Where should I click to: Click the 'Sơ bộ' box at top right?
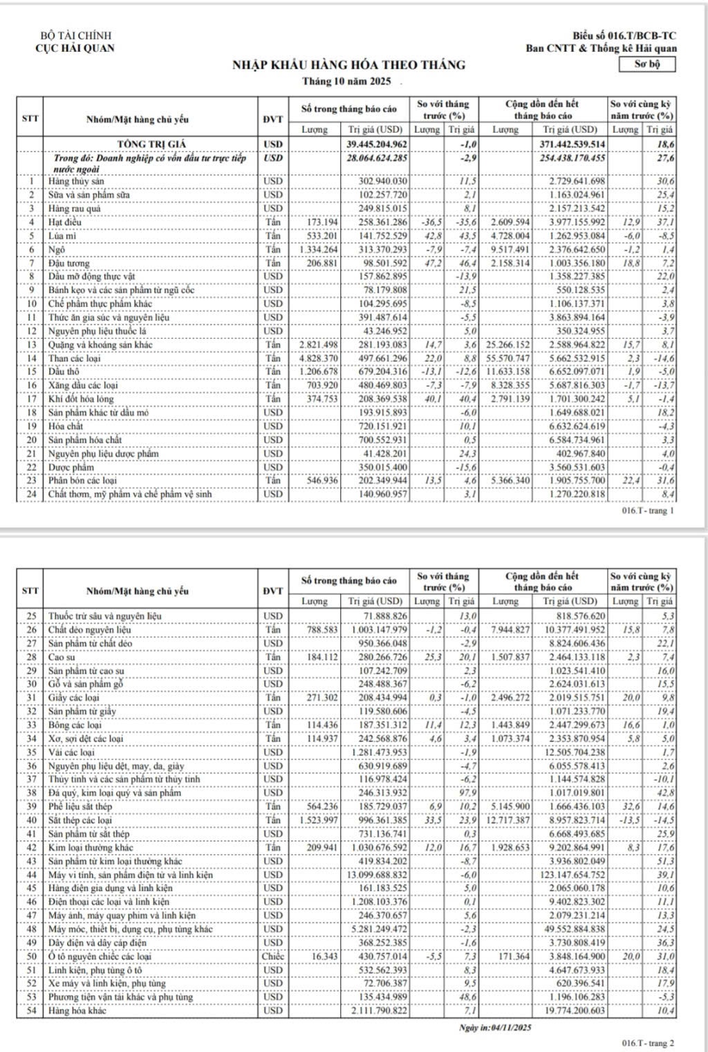coord(647,64)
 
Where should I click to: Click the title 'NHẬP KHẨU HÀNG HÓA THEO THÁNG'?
coord(348,65)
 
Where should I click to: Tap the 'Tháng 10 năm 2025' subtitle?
coord(346,81)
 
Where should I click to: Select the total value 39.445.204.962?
coord(377,144)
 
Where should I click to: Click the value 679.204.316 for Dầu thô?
coord(378,371)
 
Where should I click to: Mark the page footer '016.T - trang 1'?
coord(648,510)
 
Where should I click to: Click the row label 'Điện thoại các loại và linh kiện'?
coord(109,902)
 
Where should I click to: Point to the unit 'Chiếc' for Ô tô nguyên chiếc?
coord(273,957)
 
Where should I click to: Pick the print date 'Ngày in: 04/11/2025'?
coord(495,1028)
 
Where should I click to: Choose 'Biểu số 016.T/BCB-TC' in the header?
coord(624,36)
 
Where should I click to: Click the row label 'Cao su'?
coord(61,657)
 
